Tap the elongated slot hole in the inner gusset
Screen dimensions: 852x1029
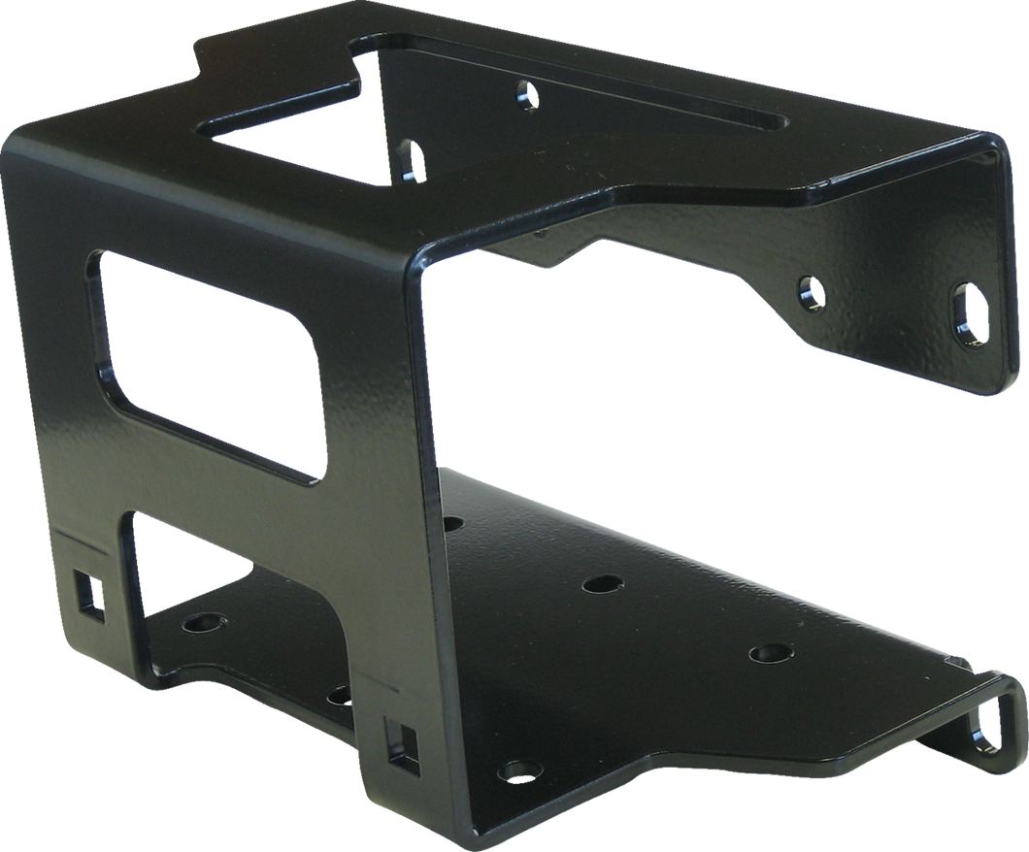coord(412,158)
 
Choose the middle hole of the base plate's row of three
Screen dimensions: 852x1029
coord(602,586)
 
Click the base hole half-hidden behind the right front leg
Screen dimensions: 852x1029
coord(339,695)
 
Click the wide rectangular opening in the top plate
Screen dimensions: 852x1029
coord(291,136)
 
